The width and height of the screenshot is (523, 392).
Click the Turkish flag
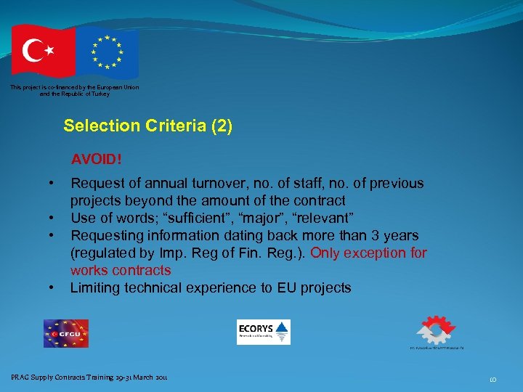point(42,51)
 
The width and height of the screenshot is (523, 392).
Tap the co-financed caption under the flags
point(74,91)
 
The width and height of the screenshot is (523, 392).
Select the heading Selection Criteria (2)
point(148,126)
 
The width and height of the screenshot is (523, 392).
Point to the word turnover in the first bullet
point(205,184)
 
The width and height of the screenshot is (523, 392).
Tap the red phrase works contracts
point(121,271)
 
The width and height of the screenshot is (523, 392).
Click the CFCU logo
point(65,333)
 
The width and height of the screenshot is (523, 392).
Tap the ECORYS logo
point(263,332)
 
